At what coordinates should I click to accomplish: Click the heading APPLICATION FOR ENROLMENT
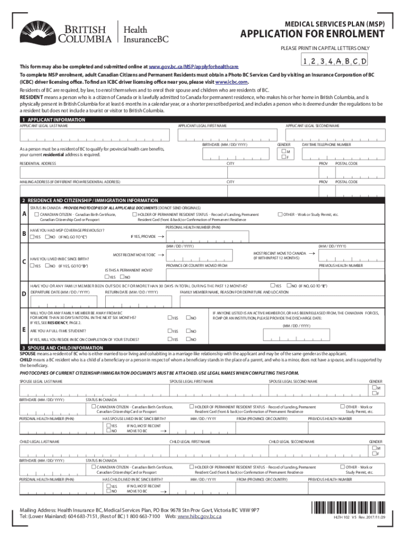(312, 35)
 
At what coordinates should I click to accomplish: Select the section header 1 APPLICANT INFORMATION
(53, 121)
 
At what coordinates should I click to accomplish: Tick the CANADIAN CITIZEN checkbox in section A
(37, 214)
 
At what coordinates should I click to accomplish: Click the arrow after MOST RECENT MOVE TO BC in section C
(161, 255)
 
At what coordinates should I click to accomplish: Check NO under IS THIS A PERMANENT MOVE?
(122, 277)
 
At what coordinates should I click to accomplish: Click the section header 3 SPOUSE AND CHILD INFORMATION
(62, 348)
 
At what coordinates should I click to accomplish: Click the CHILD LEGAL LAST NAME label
(39, 441)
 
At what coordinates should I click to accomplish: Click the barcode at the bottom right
(346, 508)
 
